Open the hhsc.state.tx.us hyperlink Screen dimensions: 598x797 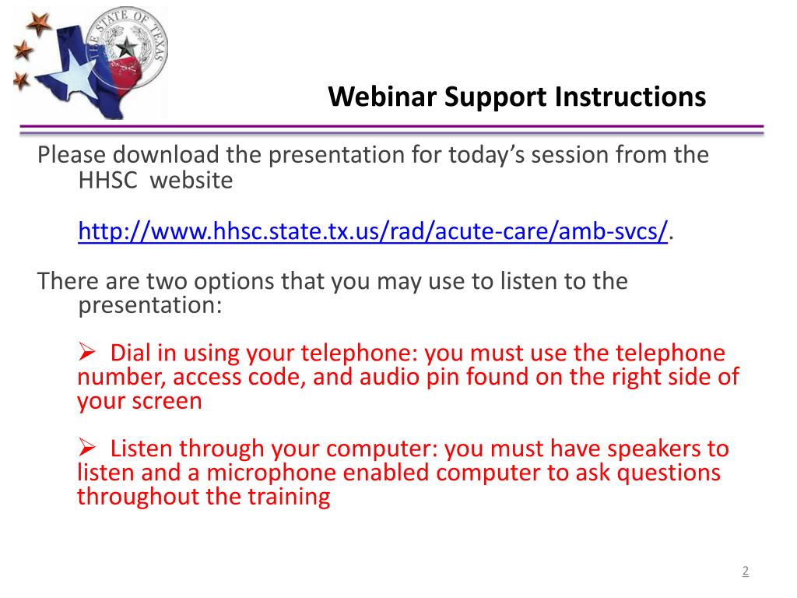tap(373, 231)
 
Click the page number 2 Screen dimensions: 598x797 tap(745, 572)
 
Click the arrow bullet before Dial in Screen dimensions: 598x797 tap(86, 353)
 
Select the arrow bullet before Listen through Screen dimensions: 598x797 tap(86, 448)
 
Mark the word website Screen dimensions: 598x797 tap(191, 181)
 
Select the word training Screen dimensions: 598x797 tap(291, 497)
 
